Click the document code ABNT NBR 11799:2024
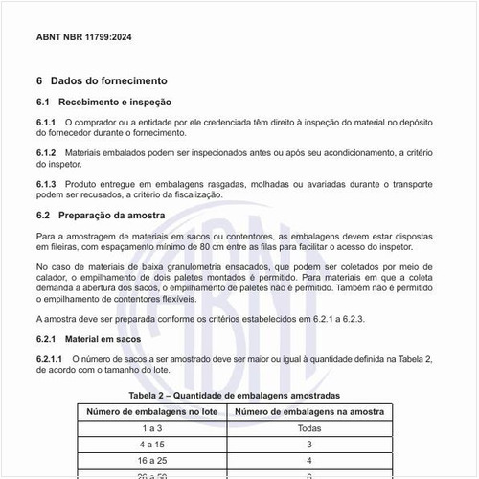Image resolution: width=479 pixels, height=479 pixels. [83, 39]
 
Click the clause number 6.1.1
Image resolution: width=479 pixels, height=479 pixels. [46, 123]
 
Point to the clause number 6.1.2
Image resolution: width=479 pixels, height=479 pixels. [46, 153]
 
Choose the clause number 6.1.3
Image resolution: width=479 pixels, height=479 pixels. [46, 184]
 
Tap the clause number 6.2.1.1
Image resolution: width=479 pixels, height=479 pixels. [50, 359]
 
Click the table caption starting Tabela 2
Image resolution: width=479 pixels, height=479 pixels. [235, 395]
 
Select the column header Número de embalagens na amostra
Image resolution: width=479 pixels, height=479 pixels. [308, 412]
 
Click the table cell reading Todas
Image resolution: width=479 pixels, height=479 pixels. [308, 429]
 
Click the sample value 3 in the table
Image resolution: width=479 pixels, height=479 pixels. [308, 445]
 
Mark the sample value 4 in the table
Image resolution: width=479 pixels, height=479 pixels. [308, 461]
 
